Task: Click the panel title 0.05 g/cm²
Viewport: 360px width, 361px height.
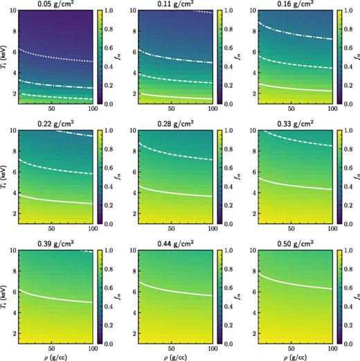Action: point(50,5)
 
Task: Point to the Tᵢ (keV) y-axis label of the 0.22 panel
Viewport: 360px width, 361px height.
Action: point(6,177)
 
